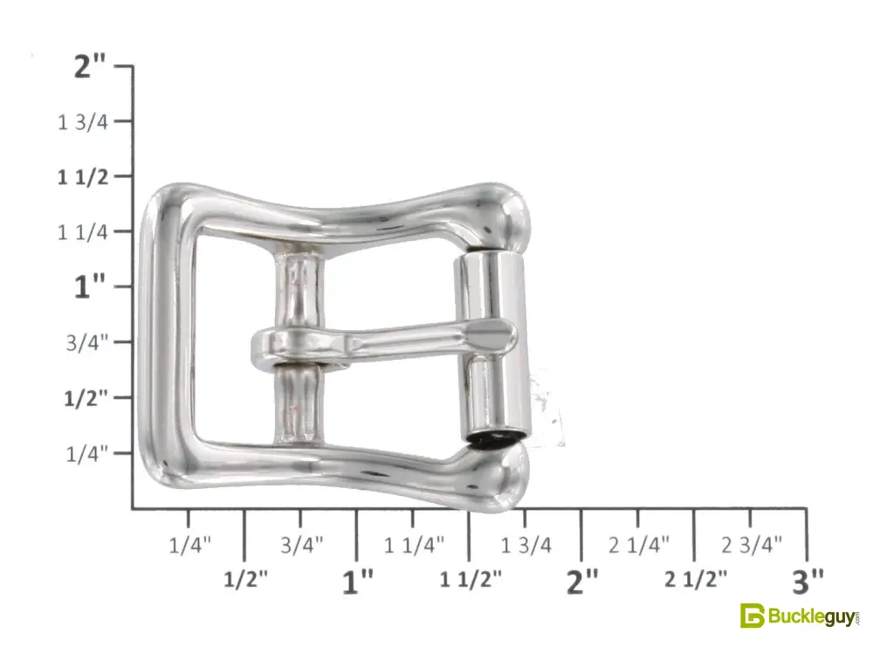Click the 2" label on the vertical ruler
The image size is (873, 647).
(90, 67)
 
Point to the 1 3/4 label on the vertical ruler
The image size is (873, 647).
(83, 122)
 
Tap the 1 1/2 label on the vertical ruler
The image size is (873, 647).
(84, 177)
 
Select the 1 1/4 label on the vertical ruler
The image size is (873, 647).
(83, 232)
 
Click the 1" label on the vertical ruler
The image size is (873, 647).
(90, 286)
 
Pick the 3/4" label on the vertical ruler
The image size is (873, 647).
(86, 343)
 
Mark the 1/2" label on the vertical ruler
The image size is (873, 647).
(86, 398)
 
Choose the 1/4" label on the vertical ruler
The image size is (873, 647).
(86, 454)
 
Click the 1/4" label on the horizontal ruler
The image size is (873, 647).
(190, 545)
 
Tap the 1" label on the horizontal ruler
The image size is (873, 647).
(357, 582)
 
